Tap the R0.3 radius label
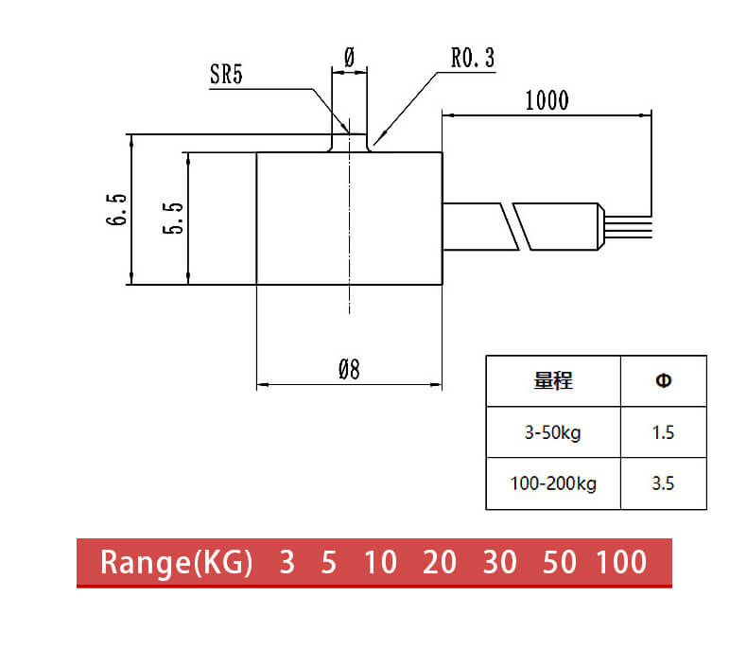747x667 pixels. (x=472, y=59)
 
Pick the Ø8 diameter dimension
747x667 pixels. (x=349, y=369)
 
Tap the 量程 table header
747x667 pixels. (x=553, y=381)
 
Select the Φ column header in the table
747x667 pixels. (x=663, y=381)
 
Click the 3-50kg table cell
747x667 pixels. (x=553, y=433)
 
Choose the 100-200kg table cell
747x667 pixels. (x=553, y=483)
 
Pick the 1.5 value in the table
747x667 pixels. (x=663, y=433)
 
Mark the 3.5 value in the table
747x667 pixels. (x=663, y=483)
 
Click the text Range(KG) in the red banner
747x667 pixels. (x=177, y=562)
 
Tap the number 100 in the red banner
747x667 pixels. (x=621, y=562)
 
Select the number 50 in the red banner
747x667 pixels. (x=560, y=562)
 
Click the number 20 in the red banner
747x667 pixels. (x=440, y=562)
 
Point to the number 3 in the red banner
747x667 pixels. (x=287, y=562)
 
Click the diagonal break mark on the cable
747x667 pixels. (x=517, y=227)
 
